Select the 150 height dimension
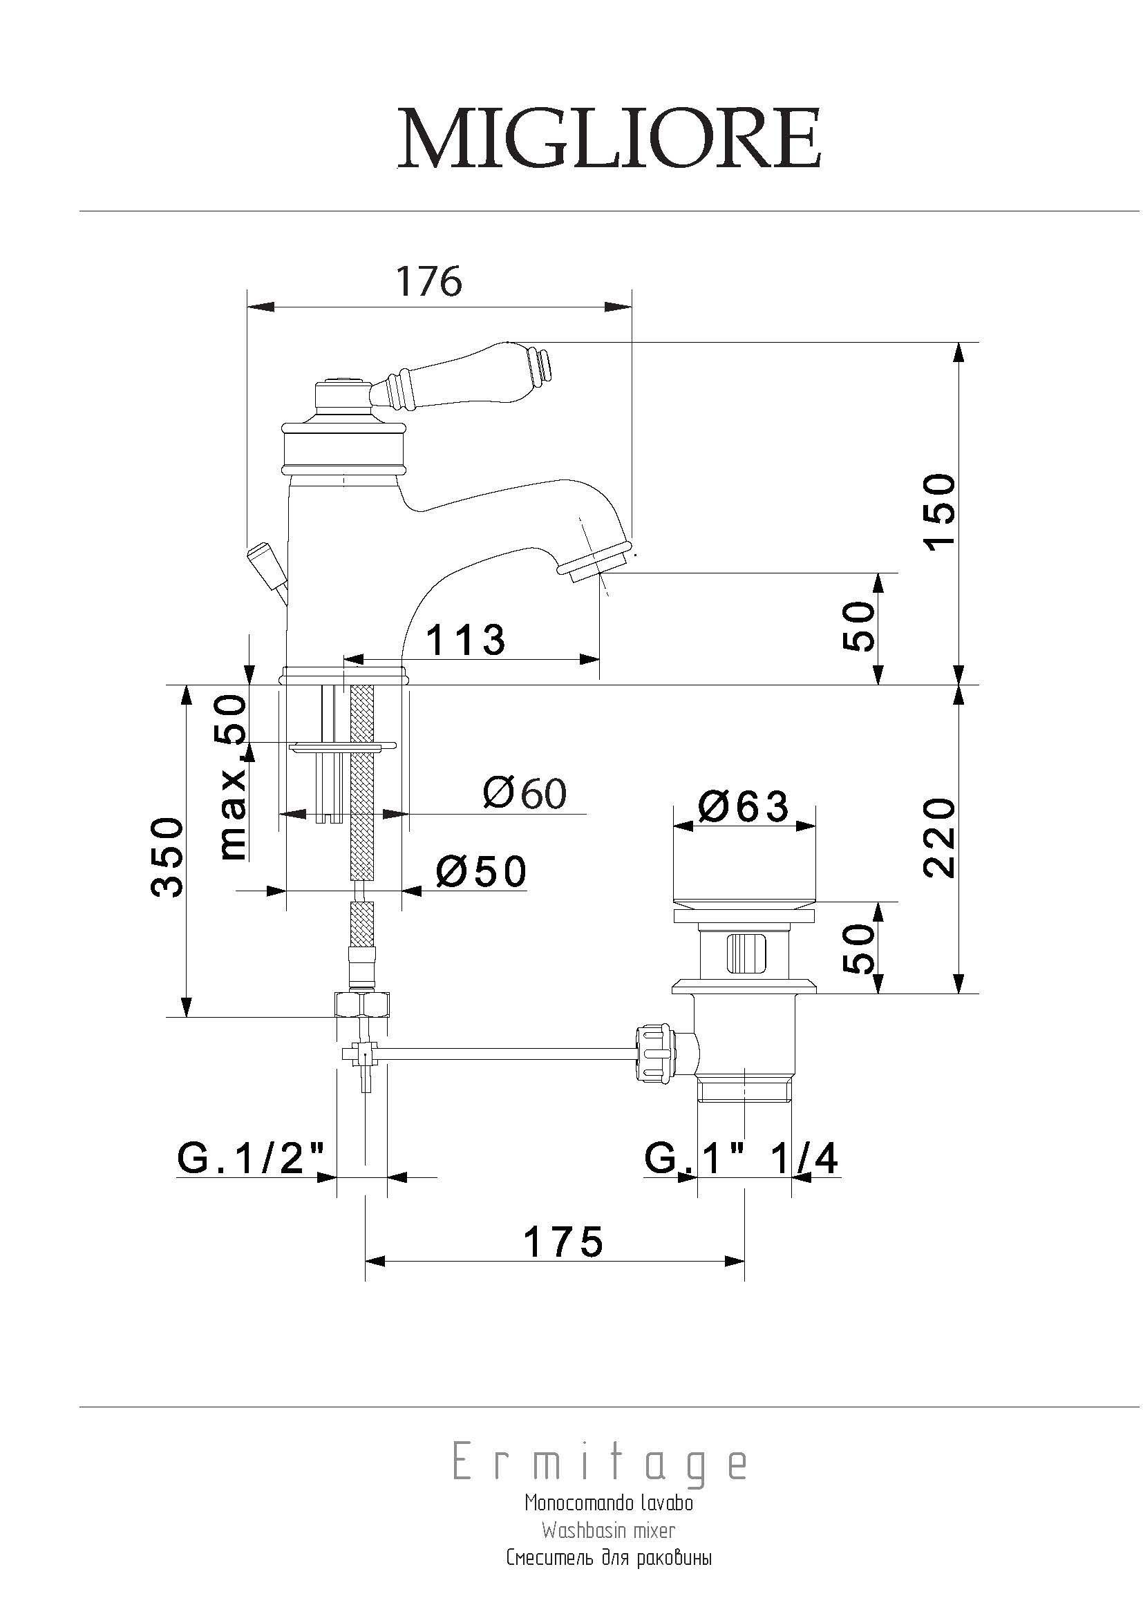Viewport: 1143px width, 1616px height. tap(941, 513)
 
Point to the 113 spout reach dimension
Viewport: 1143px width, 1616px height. tap(466, 640)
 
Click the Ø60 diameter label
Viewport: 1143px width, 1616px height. tap(525, 794)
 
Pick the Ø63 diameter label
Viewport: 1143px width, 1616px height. tap(744, 806)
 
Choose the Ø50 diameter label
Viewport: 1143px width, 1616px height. tap(481, 871)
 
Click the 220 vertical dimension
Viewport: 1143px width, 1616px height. tap(941, 837)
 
